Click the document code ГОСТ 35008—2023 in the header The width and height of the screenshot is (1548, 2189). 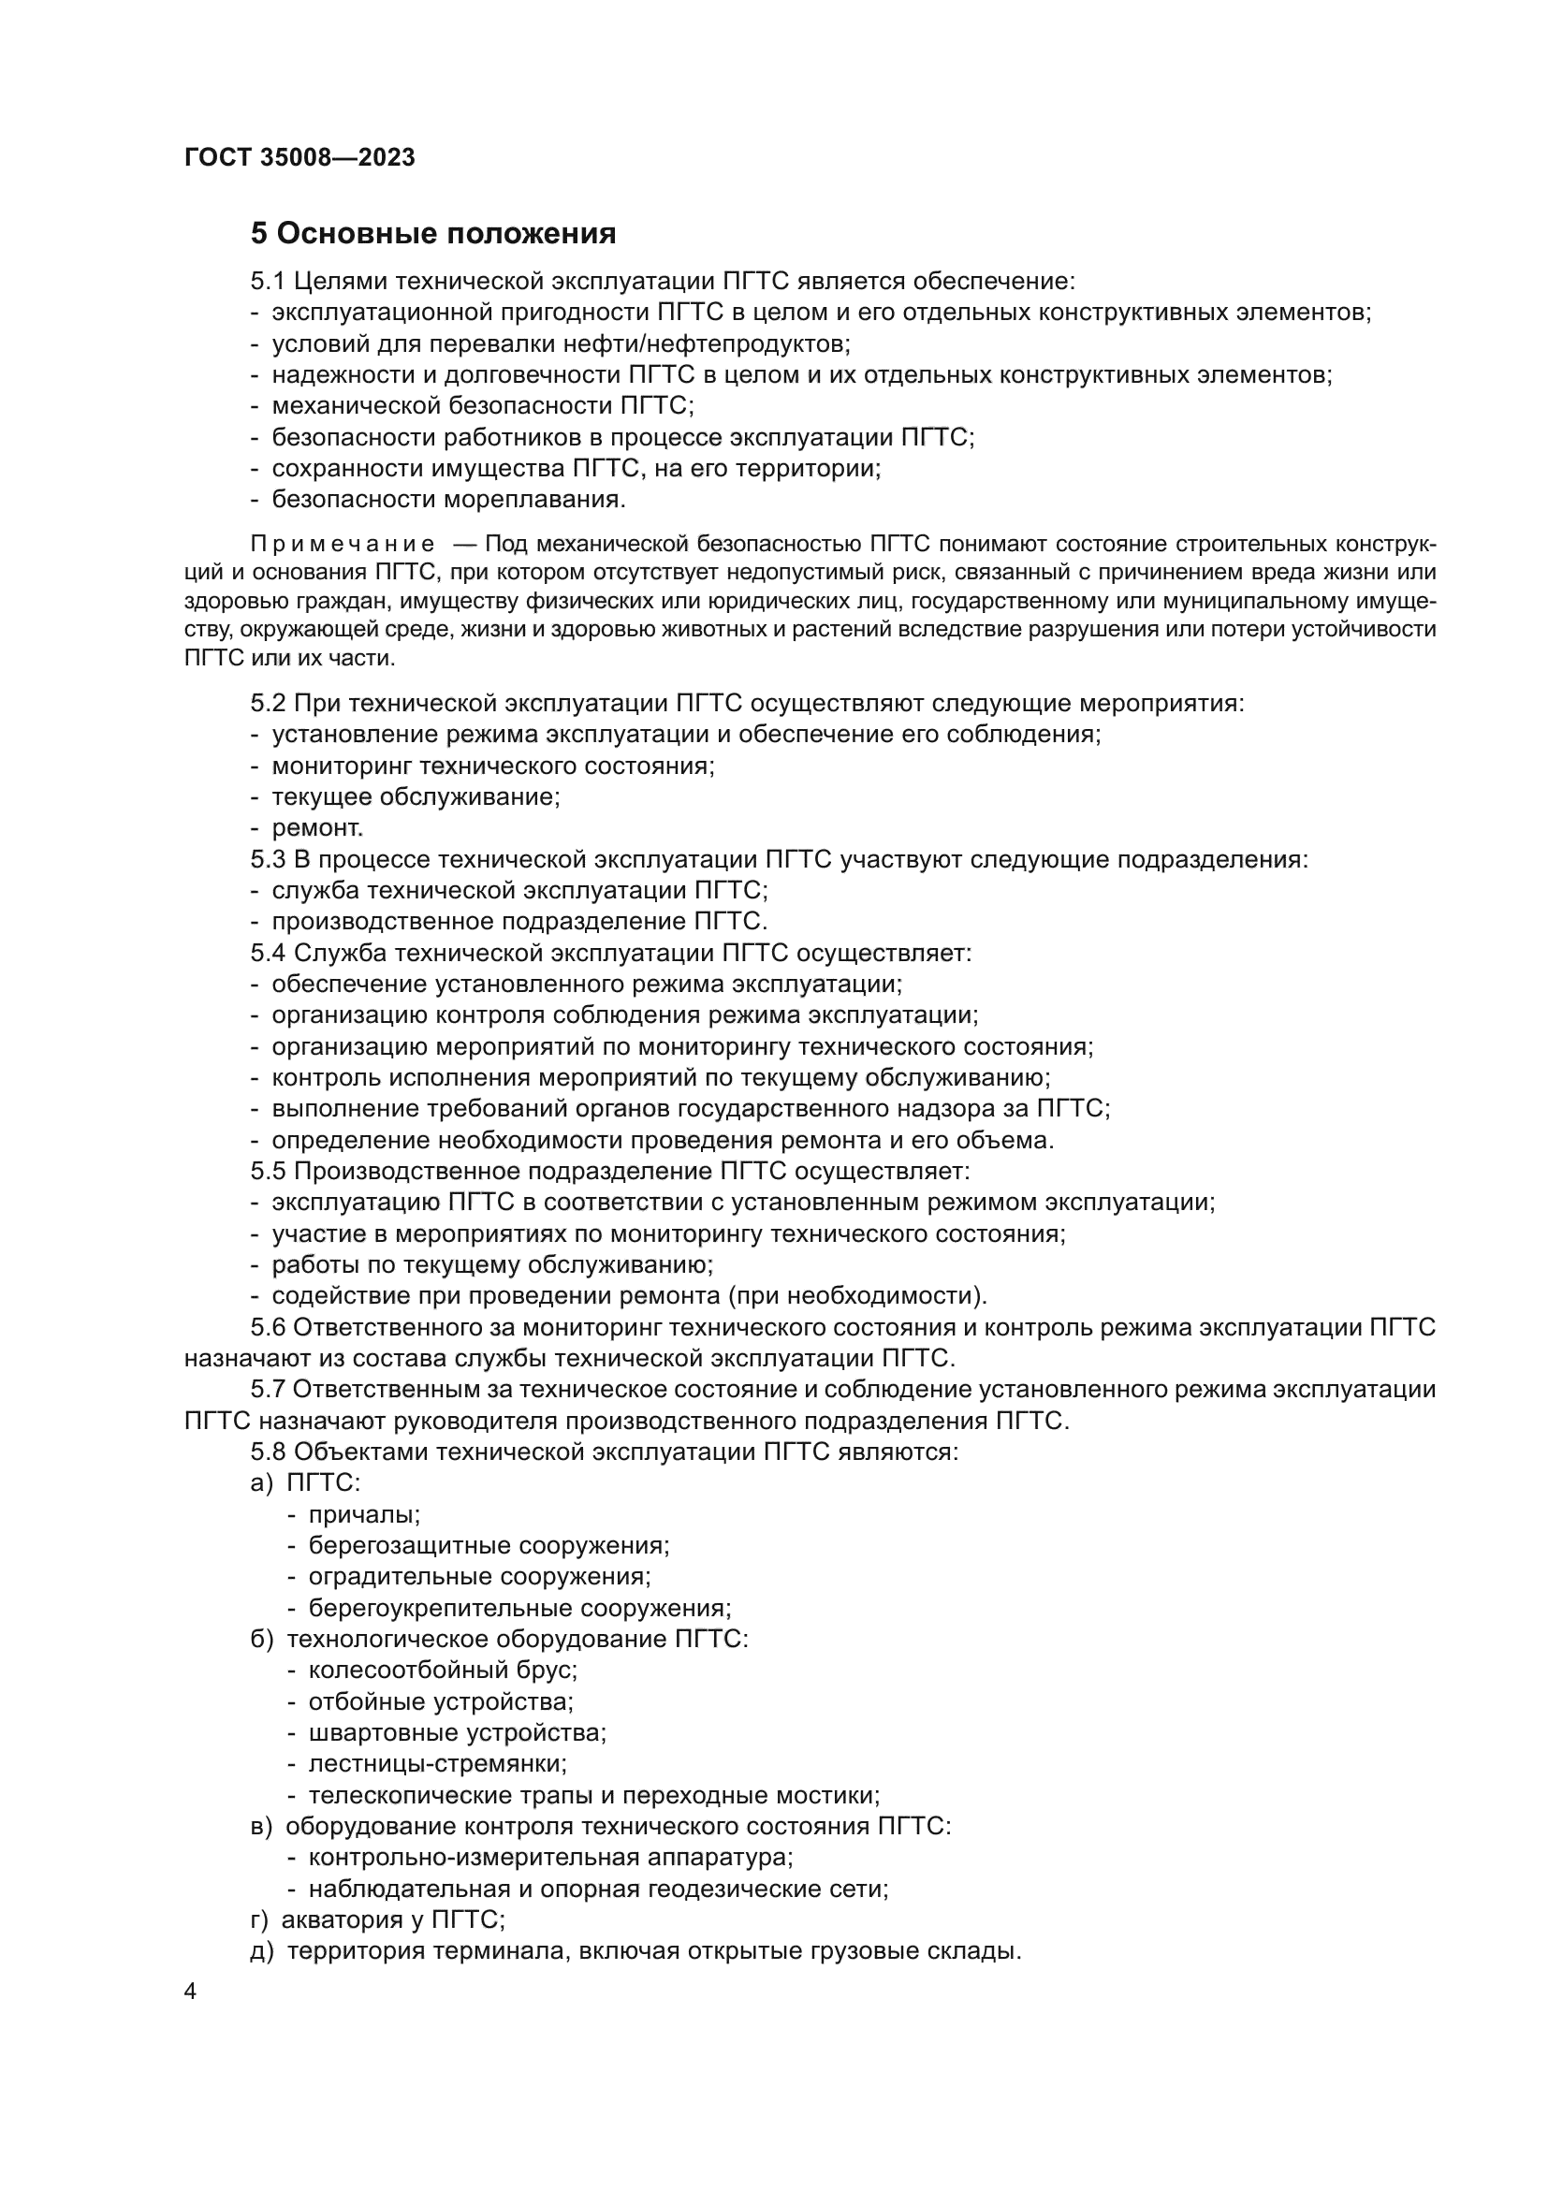click(x=299, y=157)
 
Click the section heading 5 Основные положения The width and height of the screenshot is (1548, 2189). click(x=432, y=233)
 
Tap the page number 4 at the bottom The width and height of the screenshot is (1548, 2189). click(x=191, y=1992)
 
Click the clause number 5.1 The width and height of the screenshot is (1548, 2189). click(x=268, y=282)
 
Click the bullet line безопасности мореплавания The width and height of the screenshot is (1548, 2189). click(x=448, y=499)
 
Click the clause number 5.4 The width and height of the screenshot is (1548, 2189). click(x=268, y=953)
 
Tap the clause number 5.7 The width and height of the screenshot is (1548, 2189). click(x=268, y=1389)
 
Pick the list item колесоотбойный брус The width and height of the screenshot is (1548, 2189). click(x=443, y=1671)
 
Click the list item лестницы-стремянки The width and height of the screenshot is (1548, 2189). click(x=437, y=1764)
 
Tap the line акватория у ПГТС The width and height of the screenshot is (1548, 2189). click(x=392, y=1919)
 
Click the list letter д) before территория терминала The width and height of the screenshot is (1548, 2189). click(x=261, y=1950)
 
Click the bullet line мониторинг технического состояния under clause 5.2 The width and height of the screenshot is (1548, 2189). click(x=493, y=766)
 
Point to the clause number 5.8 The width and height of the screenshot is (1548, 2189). click(x=268, y=1452)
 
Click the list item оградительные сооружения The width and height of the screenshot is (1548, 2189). click(x=479, y=1577)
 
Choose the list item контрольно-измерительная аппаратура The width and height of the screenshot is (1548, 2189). click(x=550, y=1857)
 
